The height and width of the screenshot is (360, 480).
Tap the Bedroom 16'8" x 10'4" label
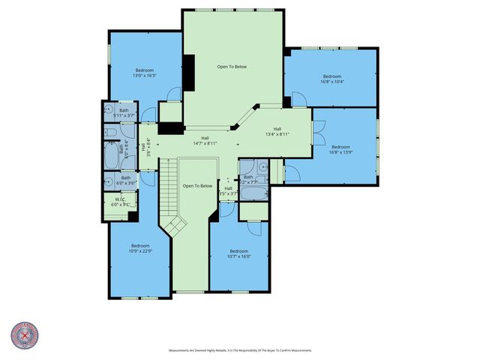(x=332, y=78)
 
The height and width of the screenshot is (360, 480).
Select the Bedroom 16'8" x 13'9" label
(x=341, y=149)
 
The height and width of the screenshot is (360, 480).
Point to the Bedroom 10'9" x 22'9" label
(x=140, y=248)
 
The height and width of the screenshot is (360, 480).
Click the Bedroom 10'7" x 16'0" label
(x=238, y=253)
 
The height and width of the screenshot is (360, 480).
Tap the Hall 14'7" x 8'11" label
(x=205, y=140)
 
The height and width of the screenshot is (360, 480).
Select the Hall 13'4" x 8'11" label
(x=277, y=131)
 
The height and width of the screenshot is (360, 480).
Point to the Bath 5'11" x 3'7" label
(x=124, y=113)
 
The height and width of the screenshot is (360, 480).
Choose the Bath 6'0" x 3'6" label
(x=124, y=180)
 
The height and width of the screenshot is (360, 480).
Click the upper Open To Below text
(x=232, y=67)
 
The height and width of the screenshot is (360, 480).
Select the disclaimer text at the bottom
(x=239, y=350)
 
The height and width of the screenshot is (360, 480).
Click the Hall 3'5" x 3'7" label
(x=228, y=190)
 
